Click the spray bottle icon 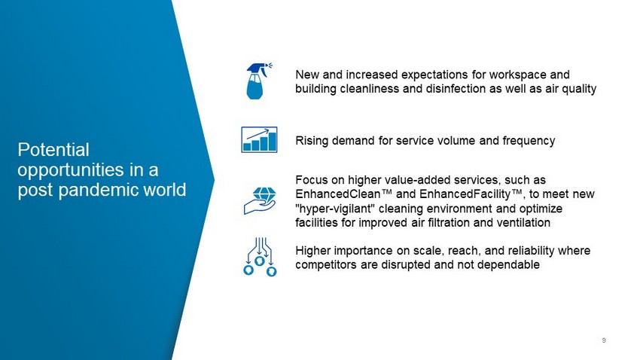point(258,81)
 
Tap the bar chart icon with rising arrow point(259,139)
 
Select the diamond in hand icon point(260,200)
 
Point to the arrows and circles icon point(260,257)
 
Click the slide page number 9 point(604,340)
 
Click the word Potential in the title point(53,150)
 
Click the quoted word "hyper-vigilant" point(335,209)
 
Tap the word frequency point(529,141)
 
